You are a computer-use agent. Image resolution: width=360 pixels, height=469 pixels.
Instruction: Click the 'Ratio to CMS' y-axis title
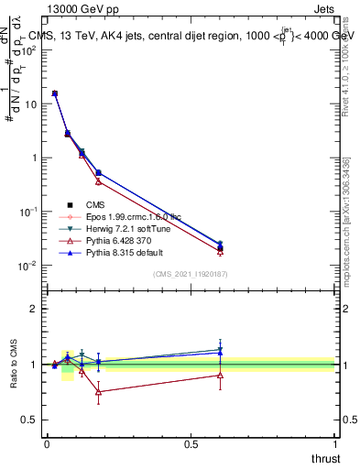tap(15, 365)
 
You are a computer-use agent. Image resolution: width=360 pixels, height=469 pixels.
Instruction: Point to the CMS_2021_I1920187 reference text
tap(191, 275)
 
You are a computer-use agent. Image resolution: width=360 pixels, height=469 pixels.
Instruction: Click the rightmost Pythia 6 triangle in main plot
tap(220, 251)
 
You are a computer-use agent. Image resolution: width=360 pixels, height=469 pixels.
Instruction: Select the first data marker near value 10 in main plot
tap(55, 93)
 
